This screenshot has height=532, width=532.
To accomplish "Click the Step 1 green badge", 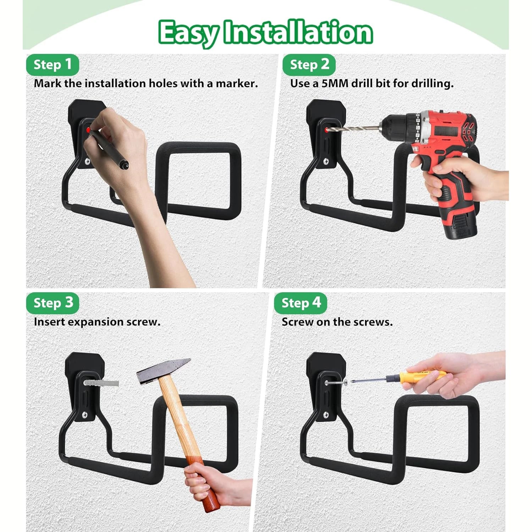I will (x=52, y=65).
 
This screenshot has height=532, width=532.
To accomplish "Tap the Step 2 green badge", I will (x=309, y=65).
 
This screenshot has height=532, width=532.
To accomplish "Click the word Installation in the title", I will (x=299, y=33).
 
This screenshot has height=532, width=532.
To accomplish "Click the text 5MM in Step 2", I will (x=335, y=84).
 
